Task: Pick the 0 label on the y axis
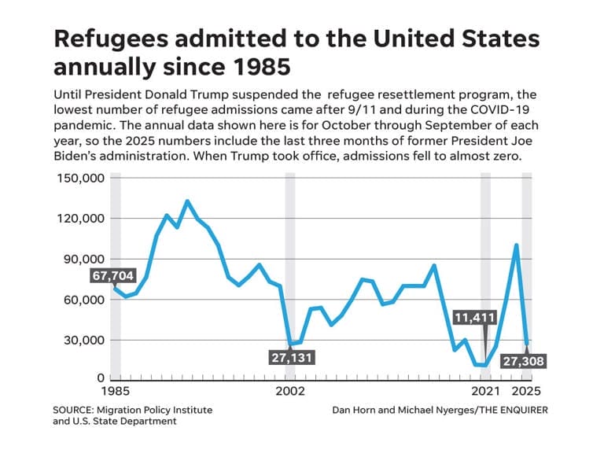coord(100,378)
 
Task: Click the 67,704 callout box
coord(114,276)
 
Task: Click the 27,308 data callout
coord(522,361)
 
